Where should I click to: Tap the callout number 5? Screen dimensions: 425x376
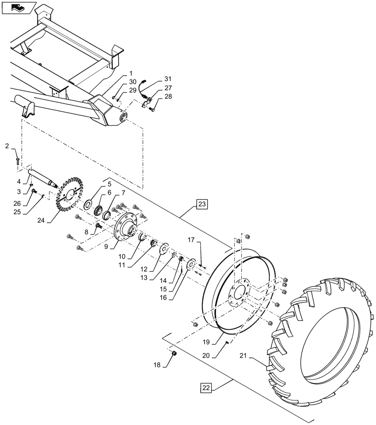pyautogui.click(x=97, y=185)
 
